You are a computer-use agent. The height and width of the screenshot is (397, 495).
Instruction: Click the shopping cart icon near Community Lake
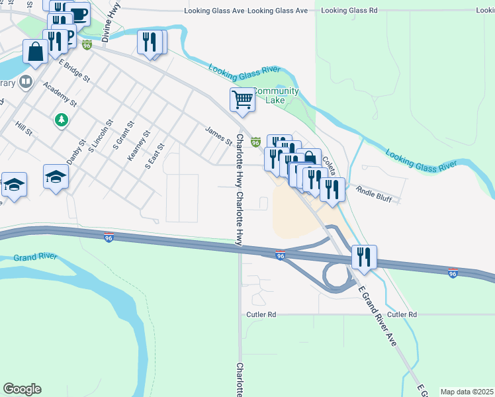point(243,100)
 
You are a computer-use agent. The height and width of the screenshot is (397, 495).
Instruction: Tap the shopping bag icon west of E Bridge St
point(34,52)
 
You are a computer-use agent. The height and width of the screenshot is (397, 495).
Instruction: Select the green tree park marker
point(61,120)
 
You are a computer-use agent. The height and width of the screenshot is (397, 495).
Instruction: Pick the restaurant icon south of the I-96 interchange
point(363,256)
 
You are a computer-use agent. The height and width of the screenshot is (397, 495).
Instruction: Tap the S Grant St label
point(124,134)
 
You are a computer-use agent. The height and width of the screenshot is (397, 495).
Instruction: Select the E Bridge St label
point(73,70)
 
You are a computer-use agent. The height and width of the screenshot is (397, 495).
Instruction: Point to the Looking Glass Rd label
point(348,11)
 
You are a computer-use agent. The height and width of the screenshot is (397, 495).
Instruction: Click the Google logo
point(22,388)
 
